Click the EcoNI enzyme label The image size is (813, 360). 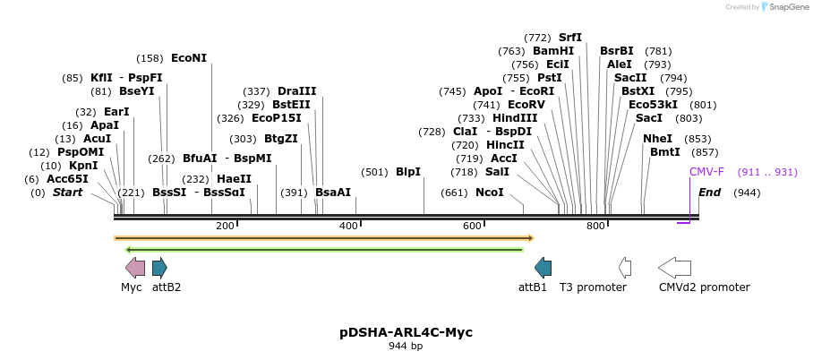pos(188,58)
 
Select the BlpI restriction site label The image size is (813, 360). pos(408,172)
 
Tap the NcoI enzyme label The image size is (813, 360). pos(489,193)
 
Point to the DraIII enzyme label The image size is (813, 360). pos(297,91)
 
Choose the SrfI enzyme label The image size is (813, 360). pos(569,38)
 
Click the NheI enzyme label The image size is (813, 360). pos(657,139)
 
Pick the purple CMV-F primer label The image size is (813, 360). pos(706,172)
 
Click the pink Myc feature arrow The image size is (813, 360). pos(135,267)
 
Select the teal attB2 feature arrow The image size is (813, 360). pos(159,267)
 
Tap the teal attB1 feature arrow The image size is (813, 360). pos(543,267)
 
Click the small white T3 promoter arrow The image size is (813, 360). pos(625,267)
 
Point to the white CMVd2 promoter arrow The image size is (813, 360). pos(674,267)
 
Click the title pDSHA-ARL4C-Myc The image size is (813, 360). pos(406,332)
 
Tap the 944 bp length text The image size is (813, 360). pos(406,347)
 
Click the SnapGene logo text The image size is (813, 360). pos(784,7)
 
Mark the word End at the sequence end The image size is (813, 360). pos(709,193)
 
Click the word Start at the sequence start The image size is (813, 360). pos(67,193)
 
